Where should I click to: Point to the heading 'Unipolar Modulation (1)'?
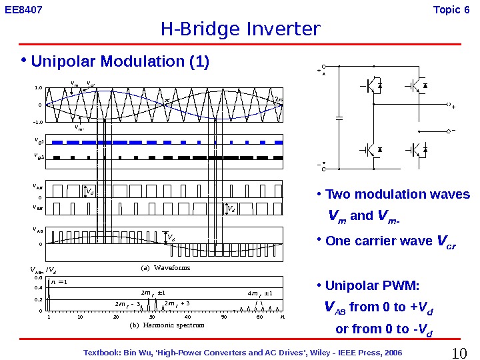pyautogui.click(x=120, y=62)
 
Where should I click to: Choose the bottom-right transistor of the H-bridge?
pyautogui.click(x=417, y=149)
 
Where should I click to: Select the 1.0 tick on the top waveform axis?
pyautogui.click(x=39, y=87)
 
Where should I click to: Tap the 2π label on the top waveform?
pyautogui.click(x=279, y=101)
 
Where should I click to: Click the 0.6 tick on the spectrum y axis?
pyautogui.click(x=39, y=277)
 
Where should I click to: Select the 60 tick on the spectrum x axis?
pyautogui.click(x=259, y=317)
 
